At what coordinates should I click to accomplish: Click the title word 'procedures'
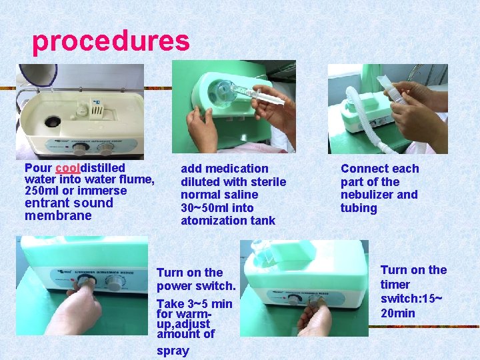point(111,41)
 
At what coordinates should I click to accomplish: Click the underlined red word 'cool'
point(67,168)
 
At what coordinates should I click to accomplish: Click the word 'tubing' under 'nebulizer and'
point(359,208)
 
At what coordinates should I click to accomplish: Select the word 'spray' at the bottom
point(173,351)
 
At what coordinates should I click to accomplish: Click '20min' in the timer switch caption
point(398,313)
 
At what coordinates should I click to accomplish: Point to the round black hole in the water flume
point(51,122)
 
